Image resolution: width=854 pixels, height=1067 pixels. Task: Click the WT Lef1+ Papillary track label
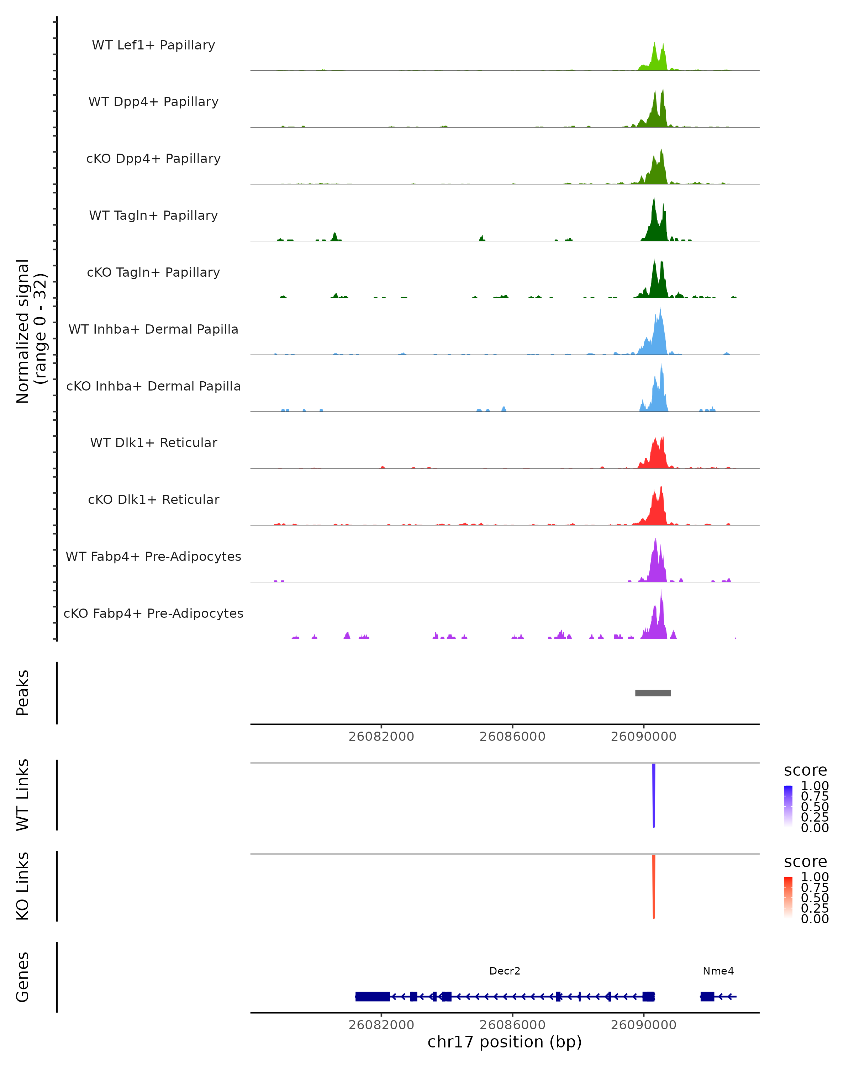pos(153,45)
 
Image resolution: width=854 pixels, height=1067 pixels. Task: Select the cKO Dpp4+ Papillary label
pos(153,158)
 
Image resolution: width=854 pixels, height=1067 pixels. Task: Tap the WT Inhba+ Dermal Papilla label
pos(153,329)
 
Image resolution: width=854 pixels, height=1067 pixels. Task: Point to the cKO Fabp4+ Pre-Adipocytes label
pos(153,613)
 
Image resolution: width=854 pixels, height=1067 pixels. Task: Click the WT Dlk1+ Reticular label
pos(153,442)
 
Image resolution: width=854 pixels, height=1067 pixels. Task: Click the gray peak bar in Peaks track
pos(653,693)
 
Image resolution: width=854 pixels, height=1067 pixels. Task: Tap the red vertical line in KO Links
pos(654,886)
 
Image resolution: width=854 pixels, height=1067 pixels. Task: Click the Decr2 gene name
pos(505,971)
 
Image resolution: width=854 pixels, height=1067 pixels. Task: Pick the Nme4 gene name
pos(718,971)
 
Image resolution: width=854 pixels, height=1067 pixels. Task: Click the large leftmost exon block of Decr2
pos(372,996)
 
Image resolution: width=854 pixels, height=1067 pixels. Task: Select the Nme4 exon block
pos(707,996)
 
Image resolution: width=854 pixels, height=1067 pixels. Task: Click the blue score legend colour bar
pos(788,806)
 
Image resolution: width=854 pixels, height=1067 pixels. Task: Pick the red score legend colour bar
pos(788,897)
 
